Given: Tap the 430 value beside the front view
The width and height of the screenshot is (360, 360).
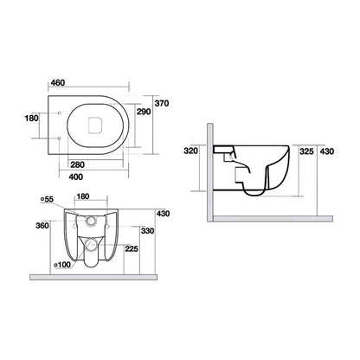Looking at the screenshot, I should pos(163,214).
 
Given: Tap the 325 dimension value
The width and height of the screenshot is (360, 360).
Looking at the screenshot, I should pos(305,150).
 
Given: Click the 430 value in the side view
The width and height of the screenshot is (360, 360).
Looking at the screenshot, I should pos(327,150).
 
